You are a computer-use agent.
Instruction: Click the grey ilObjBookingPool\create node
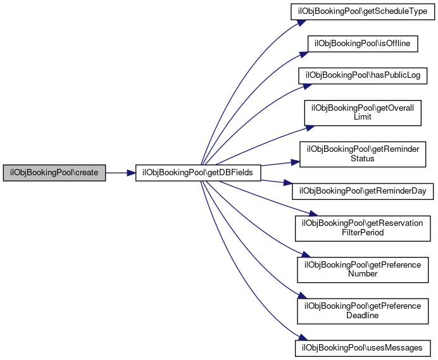click(x=54, y=172)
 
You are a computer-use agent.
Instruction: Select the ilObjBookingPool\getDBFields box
click(x=198, y=172)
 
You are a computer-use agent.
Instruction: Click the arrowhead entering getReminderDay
click(x=287, y=188)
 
